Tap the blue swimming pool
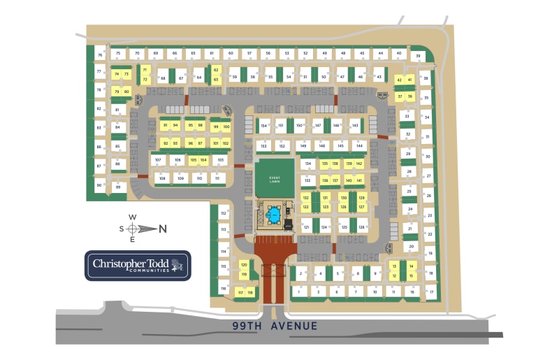[x=274, y=215]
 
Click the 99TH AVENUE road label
[x=276, y=326]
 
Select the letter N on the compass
[x=163, y=228]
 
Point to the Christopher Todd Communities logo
[x=138, y=265]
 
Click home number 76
[x=101, y=54]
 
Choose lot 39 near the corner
[x=418, y=56]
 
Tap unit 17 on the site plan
[x=431, y=291]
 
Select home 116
[x=224, y=288]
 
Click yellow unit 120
[x=244, y=264]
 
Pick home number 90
[x=99, y=185]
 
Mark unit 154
[x=263, y=127]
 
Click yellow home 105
[x=193, y=160]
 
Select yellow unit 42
[x=400, y=80]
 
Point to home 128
[x=362, y=228]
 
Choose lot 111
[x=218, y=178]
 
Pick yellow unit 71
[x=145, y=70]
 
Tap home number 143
[x=355, y=127]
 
